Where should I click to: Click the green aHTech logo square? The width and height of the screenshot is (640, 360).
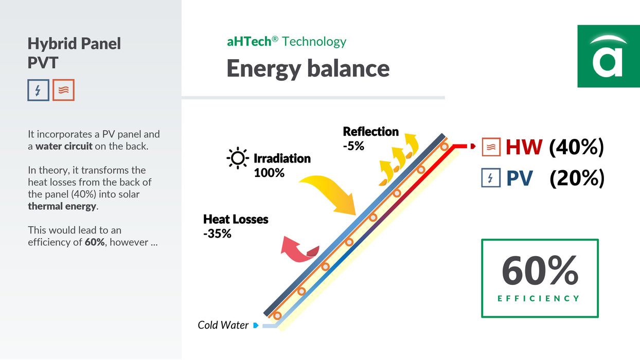608,56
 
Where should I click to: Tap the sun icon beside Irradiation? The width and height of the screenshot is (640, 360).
238,158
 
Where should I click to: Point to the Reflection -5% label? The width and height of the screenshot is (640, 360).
370,138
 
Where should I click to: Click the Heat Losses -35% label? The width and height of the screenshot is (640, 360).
236,226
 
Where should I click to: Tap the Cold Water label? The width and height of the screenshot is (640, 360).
223,325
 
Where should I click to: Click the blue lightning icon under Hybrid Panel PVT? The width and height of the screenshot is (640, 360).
39,90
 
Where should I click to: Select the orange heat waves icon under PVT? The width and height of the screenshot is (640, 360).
63,90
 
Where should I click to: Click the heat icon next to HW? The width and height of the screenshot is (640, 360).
491,147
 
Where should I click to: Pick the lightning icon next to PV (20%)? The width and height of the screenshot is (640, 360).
491,178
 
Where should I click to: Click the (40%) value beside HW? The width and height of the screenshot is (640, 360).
576,147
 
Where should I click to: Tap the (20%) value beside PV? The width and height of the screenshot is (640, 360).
576,178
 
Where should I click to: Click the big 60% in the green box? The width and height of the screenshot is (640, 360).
540,271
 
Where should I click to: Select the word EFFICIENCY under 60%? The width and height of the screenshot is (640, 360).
539,298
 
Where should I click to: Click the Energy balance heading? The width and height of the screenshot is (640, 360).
308,68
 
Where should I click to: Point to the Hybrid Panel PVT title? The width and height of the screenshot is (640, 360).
74,52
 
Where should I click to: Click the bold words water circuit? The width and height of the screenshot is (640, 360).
64,146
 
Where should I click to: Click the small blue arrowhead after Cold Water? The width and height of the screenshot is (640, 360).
256,325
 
